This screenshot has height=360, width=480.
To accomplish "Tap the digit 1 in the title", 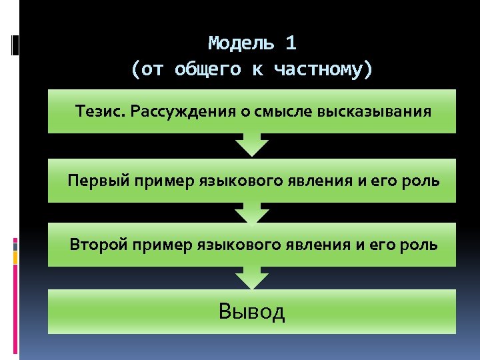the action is (x=290, y=43).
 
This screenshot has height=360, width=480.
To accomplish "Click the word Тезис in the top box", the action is (x=100, y=111).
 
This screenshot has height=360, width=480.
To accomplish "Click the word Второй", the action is (x=99, y=245).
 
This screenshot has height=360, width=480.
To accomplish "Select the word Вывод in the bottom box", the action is (x=252, y=311).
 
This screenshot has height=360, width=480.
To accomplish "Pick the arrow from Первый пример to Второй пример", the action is (x=252, y=213).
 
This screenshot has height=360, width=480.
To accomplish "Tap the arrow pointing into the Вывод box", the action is (x=252, y=277).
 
